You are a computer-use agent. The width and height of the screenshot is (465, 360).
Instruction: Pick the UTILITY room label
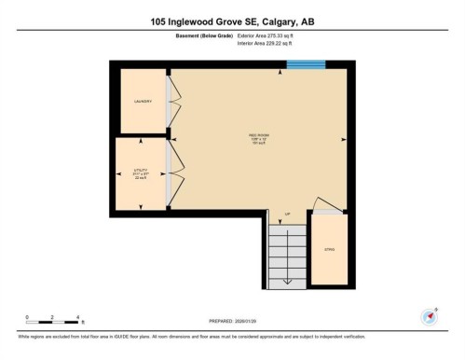pos(142,172)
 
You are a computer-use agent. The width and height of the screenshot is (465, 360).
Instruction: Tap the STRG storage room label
pos(329,250)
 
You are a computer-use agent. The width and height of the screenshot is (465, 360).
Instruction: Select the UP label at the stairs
pos(287,214)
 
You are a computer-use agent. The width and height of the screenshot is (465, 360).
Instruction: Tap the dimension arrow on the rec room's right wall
pos(346,140)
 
